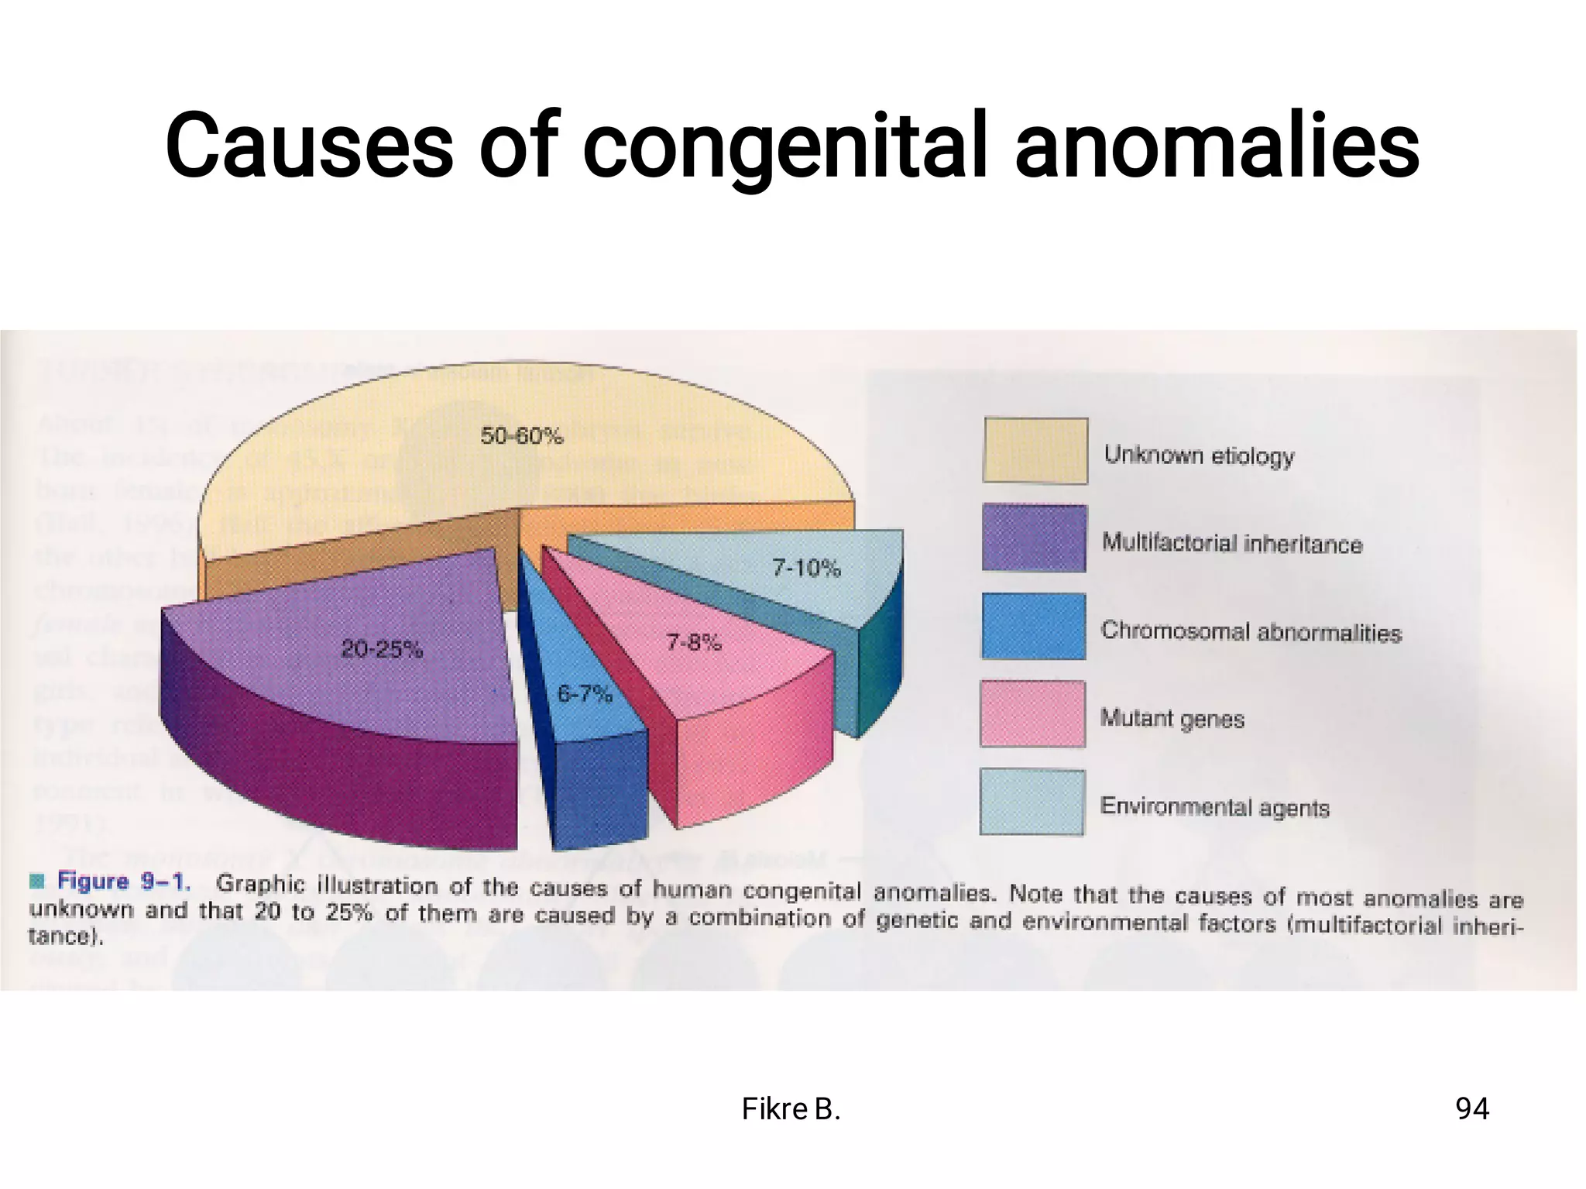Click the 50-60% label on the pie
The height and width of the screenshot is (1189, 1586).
521,436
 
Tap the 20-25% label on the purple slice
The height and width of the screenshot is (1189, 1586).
382,649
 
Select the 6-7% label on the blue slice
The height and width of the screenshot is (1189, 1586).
585,693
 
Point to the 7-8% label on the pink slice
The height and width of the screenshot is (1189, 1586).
694,641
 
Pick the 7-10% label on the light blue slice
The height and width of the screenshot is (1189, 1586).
806,569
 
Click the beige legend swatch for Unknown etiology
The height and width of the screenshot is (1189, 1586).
1035,451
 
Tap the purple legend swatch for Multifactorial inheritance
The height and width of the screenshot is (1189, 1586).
1034,538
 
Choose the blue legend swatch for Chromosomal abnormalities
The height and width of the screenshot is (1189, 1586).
1034,626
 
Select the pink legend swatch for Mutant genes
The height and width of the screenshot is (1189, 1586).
1033,713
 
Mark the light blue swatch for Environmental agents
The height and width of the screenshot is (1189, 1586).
1032,802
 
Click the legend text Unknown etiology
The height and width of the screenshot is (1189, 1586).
1199,455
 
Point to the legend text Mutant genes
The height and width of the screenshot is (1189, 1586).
1172,719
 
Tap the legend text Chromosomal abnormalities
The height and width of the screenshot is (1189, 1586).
1251,632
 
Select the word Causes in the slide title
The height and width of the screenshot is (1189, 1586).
309,146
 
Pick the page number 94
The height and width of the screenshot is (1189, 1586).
1472,1109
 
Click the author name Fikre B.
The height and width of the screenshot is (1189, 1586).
791,1109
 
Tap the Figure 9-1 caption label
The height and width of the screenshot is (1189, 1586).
124,881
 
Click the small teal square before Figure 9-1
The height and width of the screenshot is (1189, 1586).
37,881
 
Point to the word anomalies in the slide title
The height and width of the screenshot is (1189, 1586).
1217,146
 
